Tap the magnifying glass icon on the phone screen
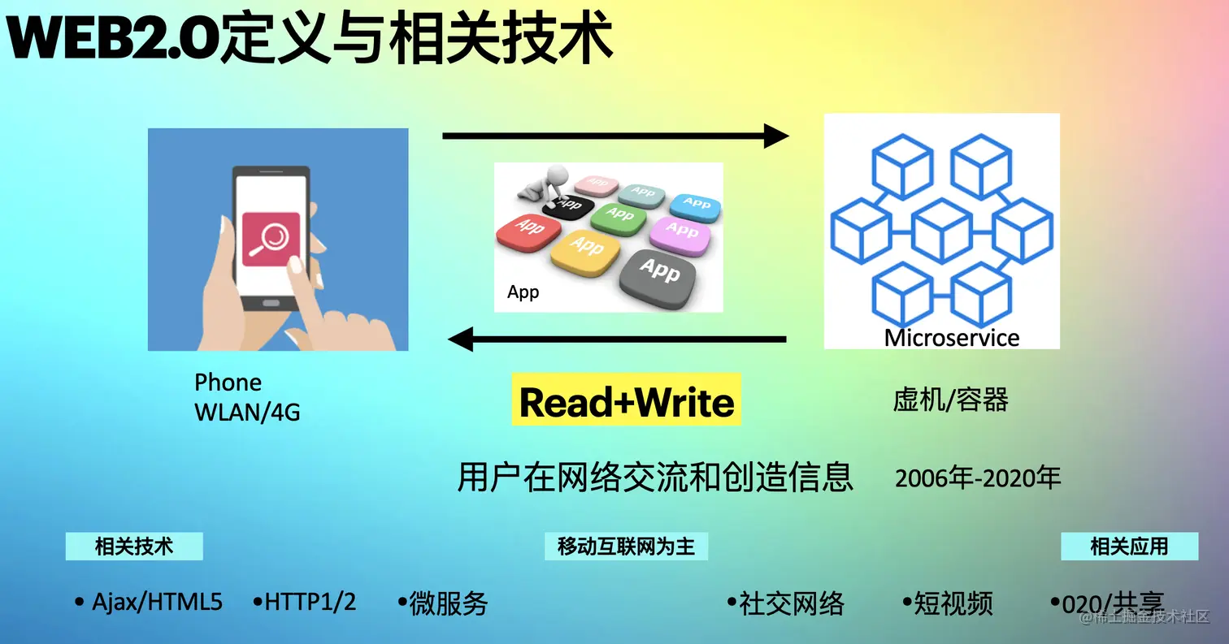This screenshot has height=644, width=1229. point(271,240)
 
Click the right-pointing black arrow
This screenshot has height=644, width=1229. point(615,135)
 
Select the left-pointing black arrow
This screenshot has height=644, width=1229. point(618,338)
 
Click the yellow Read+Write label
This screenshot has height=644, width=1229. point(626,401)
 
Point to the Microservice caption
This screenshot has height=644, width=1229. point(951,337)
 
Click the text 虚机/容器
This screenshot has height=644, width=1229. point(950,400)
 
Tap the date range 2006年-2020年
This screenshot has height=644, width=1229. point(978,478)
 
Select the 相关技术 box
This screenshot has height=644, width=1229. point(134,547)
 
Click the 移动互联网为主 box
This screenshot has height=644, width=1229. point(626,547)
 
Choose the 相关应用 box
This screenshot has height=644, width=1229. point(1129,547)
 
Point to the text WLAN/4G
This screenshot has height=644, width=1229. point(247,413)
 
